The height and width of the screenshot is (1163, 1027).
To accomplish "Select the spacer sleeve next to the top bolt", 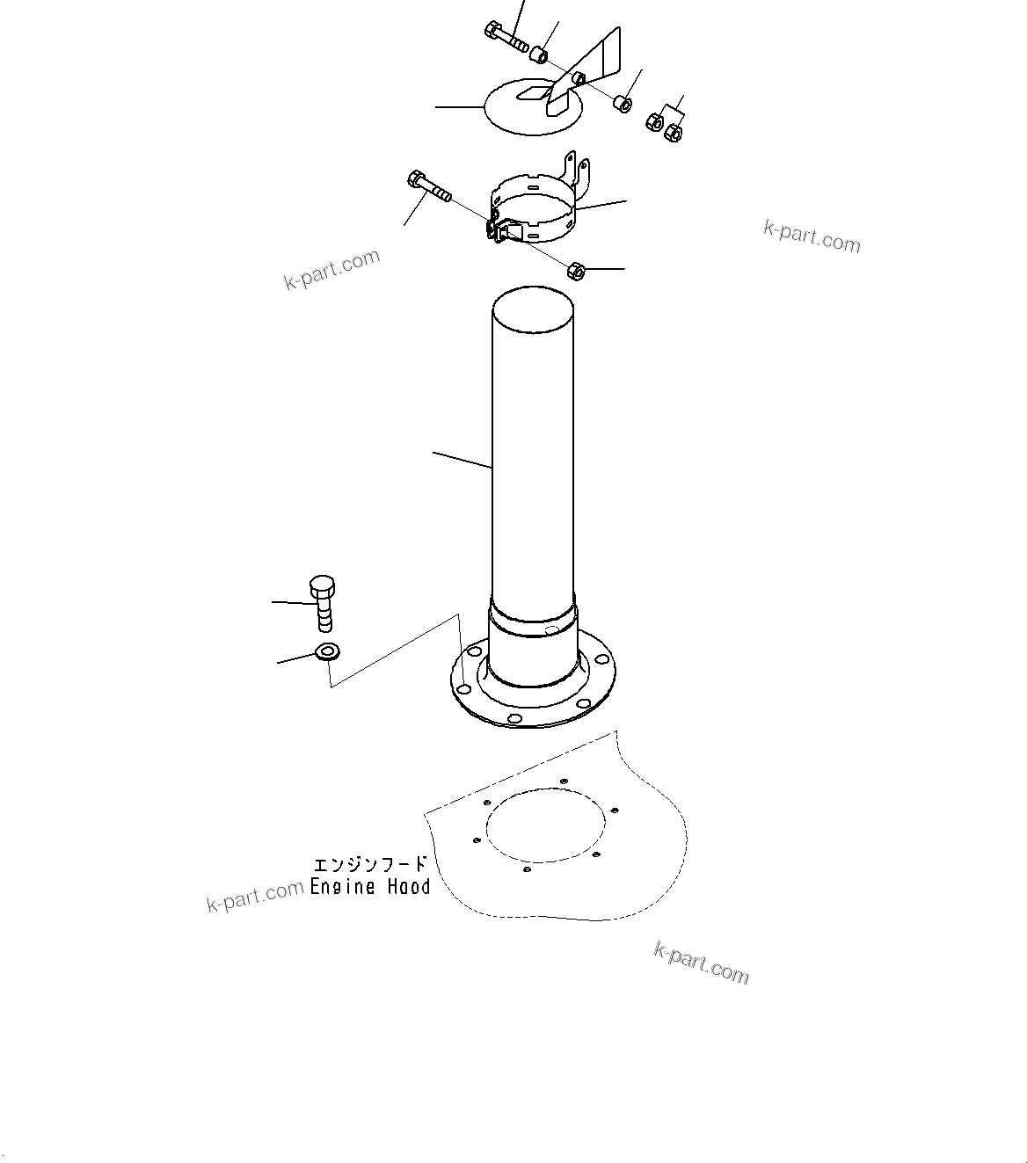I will coord(538,56).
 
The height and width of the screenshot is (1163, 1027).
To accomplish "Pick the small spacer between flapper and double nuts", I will coord(622,104).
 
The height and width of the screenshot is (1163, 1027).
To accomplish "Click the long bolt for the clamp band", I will coord(428,187).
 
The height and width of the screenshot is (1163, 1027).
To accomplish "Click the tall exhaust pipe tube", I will coord(533,457).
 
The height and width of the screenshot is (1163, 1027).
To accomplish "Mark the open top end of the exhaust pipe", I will coord(533,308).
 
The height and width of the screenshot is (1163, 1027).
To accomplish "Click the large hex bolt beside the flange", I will coord(323,601).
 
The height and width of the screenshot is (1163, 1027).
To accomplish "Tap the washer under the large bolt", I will coord(327,652).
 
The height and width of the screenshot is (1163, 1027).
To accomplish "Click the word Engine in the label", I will coord(343,887).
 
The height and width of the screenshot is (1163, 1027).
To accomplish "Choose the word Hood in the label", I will coord(410,887).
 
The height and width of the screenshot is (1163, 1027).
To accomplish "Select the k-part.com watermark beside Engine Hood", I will coord(255,897).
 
